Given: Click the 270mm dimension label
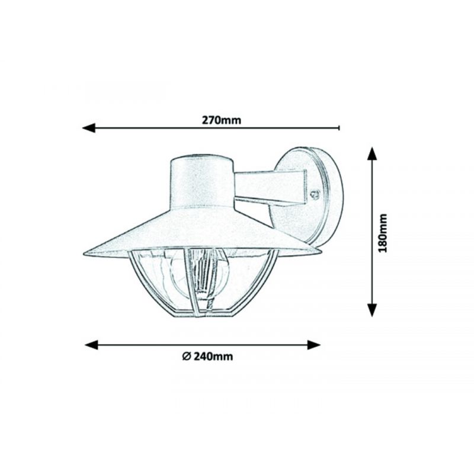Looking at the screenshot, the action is click(222, 120).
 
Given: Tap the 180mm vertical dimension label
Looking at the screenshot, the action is click(383, 233).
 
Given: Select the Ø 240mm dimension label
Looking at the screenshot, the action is click(208, 357).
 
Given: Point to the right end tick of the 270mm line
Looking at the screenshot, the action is click(339, 128).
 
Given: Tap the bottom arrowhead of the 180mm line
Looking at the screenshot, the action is click(372, 310).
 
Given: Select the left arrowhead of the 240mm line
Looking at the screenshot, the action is click(92, 345).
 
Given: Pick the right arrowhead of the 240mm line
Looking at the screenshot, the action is click(314, 345).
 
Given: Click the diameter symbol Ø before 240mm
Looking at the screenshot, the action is click(186, 357).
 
